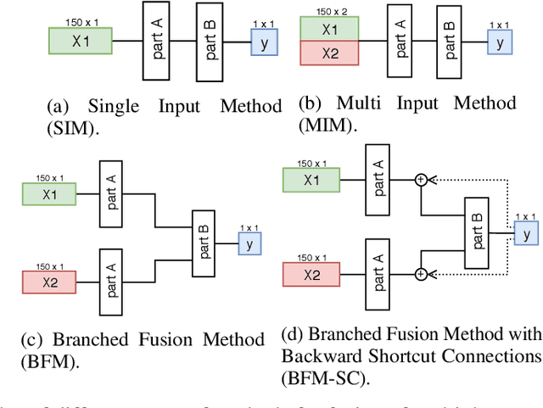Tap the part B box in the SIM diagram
click(x=210, y=40)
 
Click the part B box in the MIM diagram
click(x=451, y=40)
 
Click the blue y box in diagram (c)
click(x=249, y=243)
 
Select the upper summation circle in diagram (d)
click(x=420, y=180)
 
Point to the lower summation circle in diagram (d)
click(x=420, y=273)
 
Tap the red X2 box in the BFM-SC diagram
click(x=311, y=275)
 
